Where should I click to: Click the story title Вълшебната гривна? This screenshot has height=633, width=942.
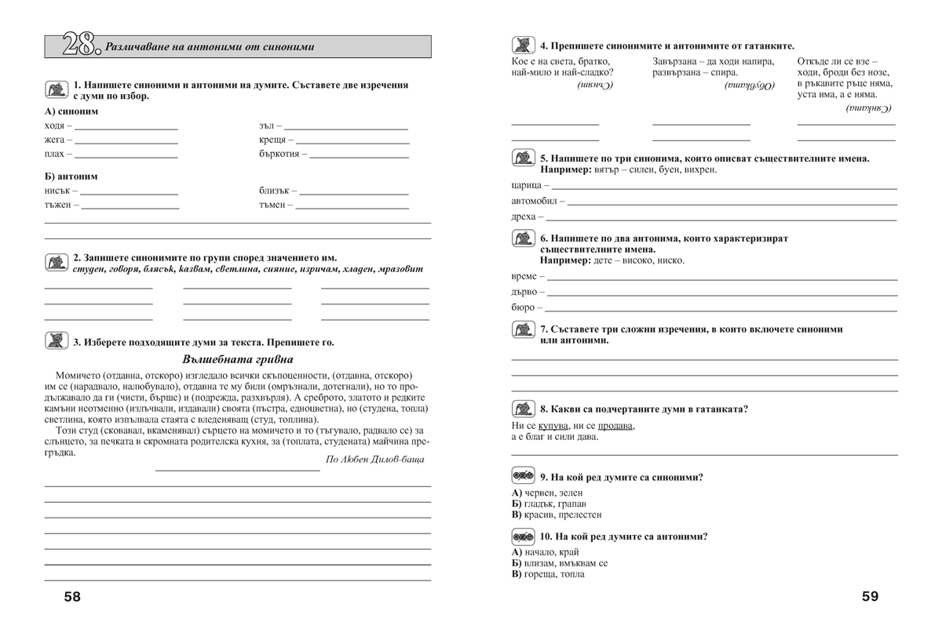[x=237, y=359]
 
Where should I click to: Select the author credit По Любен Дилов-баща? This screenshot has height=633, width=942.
[x=374, y=459]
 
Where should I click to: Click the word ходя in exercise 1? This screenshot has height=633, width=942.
[x=55, y=126]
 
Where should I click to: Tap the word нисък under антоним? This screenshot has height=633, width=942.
[x=57, y=191]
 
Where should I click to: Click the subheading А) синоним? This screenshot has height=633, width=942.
[x=71, y=111]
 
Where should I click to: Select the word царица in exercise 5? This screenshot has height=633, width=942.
[x=526, y=185]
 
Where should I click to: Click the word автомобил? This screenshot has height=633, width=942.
[x=534, y=201]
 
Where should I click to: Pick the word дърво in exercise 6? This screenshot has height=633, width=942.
[x=525, y=292]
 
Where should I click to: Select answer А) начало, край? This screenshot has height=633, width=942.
[x=545, y=552]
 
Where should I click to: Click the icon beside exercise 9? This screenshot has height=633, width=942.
[x=523, y=477]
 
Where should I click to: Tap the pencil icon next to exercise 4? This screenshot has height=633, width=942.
[x=523, y=45]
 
